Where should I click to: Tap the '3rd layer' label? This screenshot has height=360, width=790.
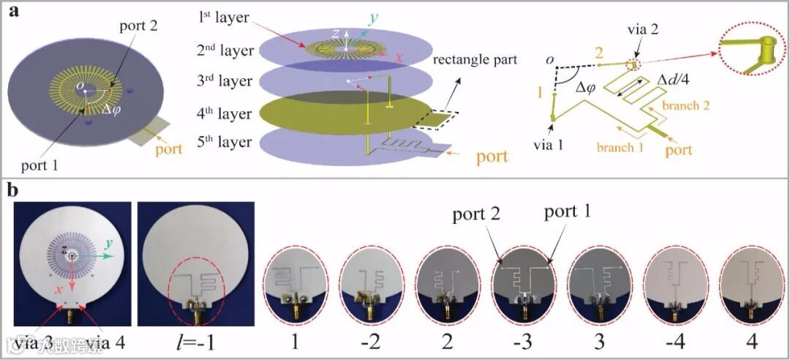pyautogui.click(x=225, y=80)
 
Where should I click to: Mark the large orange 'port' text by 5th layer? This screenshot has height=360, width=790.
pyautogui.click(x=497, y=156)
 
